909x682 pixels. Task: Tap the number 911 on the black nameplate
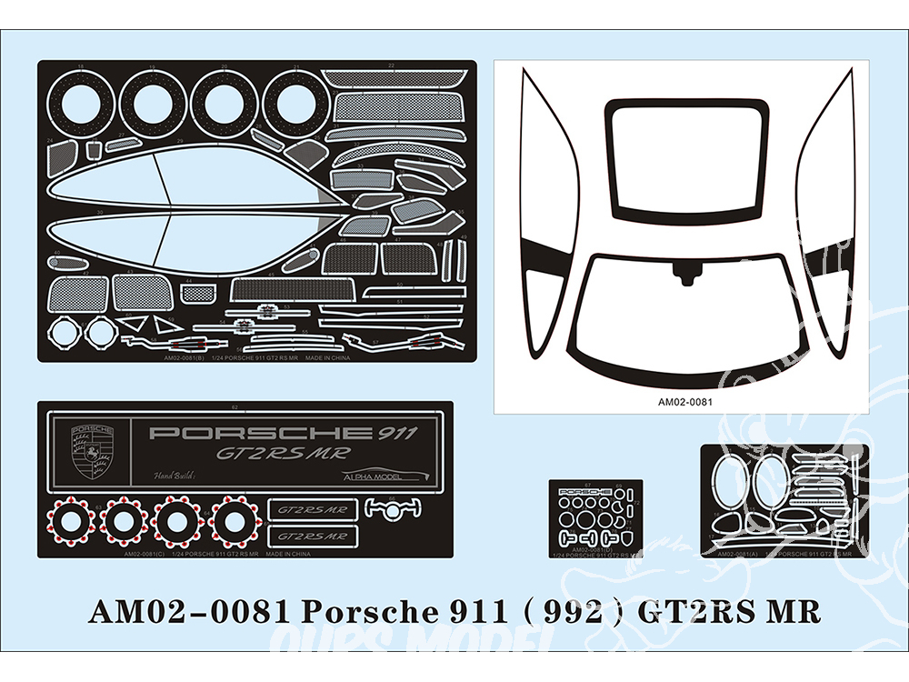[395, 433]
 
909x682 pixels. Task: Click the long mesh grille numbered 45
[291, 291]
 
